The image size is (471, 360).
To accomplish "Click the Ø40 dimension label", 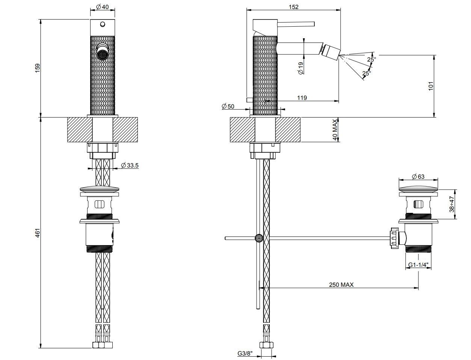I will [102, 7].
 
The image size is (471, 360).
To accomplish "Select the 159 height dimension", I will [37, 68].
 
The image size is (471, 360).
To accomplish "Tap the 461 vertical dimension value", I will [37, 233].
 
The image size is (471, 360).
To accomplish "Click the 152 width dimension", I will [294, 7].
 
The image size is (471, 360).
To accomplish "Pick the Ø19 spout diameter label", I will [300, 68].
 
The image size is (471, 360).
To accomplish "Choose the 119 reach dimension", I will [302, 98].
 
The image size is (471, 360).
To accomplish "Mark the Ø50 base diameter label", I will [228, 106].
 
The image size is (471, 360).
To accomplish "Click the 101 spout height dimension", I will [431, 86].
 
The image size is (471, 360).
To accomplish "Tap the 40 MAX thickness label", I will [335, 130].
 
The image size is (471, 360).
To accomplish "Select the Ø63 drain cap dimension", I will [418, 176].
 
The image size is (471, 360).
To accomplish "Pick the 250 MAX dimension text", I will [341, 285].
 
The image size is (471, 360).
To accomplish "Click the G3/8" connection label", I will [245, 353].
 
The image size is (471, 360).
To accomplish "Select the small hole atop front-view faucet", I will [102, 25].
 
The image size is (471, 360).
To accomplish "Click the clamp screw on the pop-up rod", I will [259, 238].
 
